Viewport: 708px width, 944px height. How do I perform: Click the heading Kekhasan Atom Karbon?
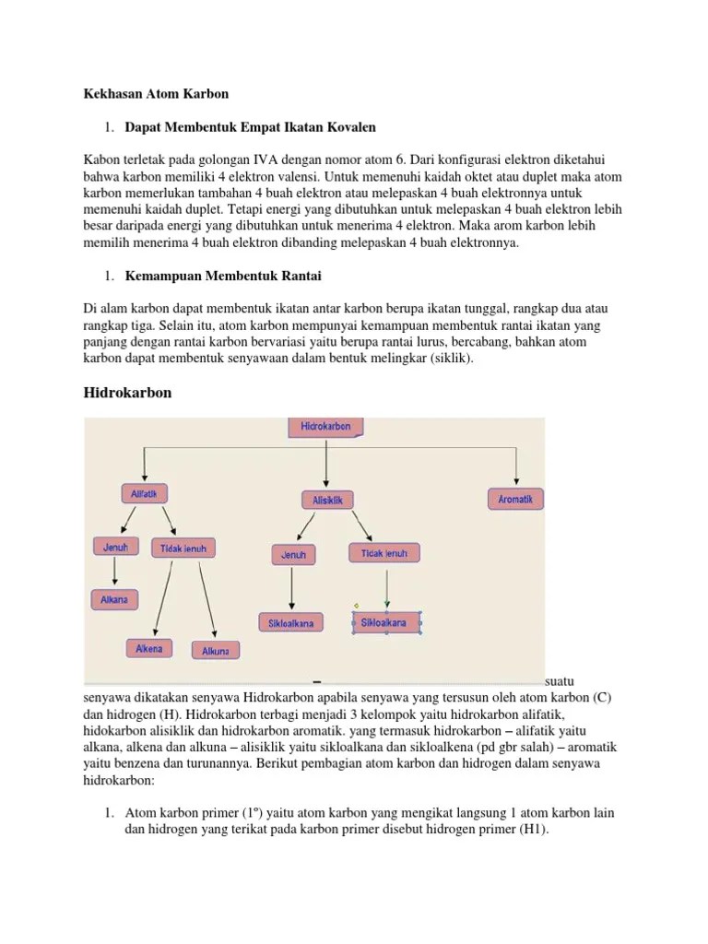tap(157, 94)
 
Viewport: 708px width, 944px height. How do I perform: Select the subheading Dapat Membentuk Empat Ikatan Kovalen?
tap(250, 126)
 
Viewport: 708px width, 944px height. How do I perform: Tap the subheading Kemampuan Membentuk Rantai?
tap(222, 276)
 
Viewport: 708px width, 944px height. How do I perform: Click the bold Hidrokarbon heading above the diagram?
tap(128, 393)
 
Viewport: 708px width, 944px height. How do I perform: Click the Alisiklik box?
tap(326, 500)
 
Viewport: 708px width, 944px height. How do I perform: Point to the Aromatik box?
tap(515, 499)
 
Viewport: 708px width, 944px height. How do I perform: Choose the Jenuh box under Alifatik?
tap(115, 546)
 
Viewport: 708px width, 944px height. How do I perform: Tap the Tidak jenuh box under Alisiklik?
tap(384, 552)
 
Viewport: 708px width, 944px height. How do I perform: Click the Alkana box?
tap(114, 599)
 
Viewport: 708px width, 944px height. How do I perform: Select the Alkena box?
tap(148, 648)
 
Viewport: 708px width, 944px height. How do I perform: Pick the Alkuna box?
tap(216, 650)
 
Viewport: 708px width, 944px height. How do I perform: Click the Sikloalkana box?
tap(290, 622)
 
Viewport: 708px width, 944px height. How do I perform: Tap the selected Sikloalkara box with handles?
tap(386, 622)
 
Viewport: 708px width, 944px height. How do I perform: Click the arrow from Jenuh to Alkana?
tap(114, 572)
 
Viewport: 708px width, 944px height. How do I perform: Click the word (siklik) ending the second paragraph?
tap(448, 359)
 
